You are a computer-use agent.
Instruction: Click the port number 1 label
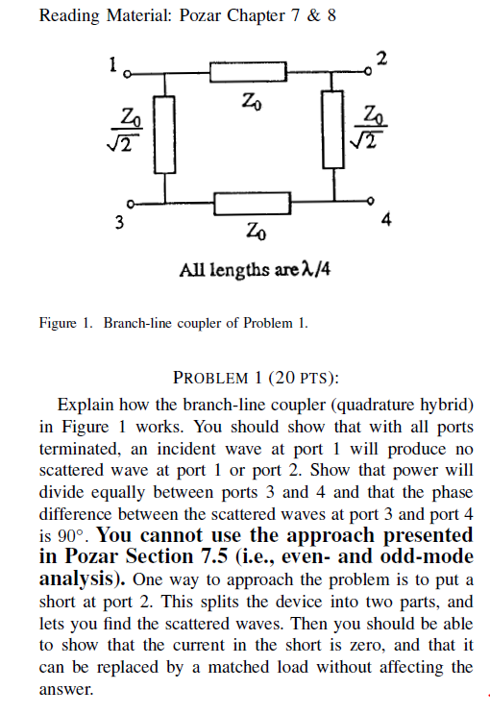[113, 66]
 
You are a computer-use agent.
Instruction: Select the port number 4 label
[385, 221]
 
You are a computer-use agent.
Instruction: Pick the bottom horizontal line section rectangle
[252, 203]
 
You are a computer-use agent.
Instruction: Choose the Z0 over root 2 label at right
[371, 127]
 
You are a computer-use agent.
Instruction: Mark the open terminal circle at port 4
[373, 203]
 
